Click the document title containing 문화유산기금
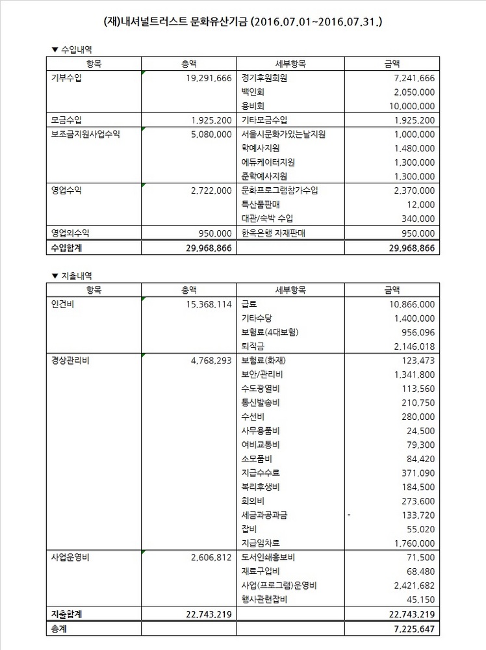click(242, 21)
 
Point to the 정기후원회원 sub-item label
click(264, 78)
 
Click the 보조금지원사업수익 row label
click(85, 135)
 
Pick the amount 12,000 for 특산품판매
click(419, 204)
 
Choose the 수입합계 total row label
click(68, 248)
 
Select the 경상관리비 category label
click(70, 360)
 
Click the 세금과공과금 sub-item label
click(264, 515)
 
